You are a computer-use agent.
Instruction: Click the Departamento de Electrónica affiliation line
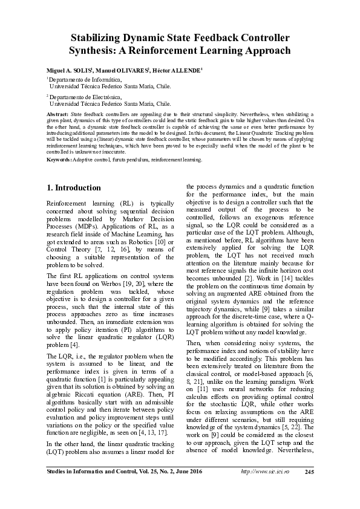pos(85,97)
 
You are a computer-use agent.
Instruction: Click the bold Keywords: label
pos(59,159)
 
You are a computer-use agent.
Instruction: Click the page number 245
pos(309,472)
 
